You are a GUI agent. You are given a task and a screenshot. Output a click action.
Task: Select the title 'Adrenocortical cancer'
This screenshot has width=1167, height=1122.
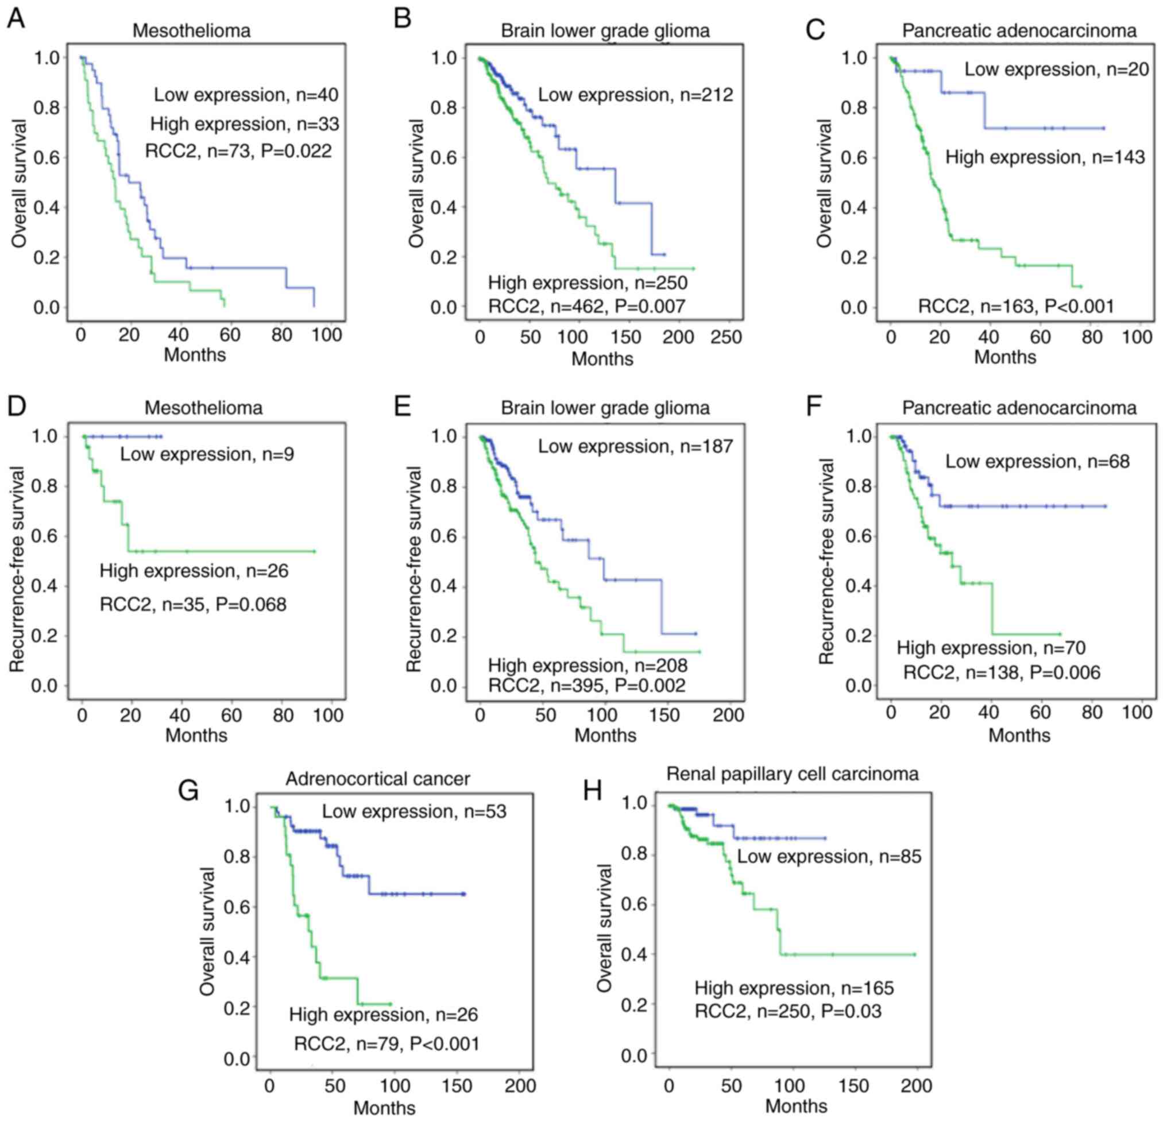(x=377, y=779)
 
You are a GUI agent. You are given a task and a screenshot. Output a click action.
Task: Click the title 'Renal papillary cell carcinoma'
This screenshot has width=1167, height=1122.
(x=793, y=773)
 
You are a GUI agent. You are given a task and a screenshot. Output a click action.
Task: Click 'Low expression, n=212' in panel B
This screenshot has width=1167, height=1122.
(x=635, y=95)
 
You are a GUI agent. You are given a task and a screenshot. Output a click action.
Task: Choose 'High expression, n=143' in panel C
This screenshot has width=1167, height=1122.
(x=1045, y=157)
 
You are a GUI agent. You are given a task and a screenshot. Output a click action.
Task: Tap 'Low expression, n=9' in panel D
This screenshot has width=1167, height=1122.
(x=207, y=454)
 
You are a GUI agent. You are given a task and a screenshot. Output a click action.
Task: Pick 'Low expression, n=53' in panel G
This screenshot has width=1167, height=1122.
(x=415, y=811)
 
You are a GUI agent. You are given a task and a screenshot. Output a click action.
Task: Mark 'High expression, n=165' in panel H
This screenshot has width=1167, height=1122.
(x=794, y=988)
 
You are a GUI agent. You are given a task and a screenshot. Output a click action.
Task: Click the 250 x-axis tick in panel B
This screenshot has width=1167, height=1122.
(x=727, y=337)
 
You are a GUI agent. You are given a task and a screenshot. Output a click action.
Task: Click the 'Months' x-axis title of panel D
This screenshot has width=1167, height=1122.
(x=196, y=735)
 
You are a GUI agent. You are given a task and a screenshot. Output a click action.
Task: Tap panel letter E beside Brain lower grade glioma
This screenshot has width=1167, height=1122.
(x=403, y=408)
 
